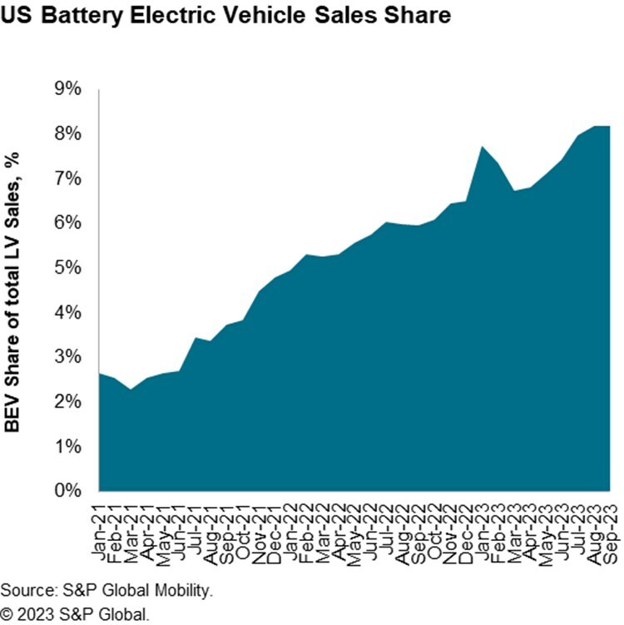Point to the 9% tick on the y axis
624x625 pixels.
pos(67,89)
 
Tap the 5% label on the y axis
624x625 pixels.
pos(67,268)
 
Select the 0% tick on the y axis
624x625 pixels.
pos(67,491)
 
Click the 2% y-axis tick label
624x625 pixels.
pos(67,402)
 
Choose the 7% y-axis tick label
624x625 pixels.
pos(67,179)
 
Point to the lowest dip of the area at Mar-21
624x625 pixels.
pos(131,389)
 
